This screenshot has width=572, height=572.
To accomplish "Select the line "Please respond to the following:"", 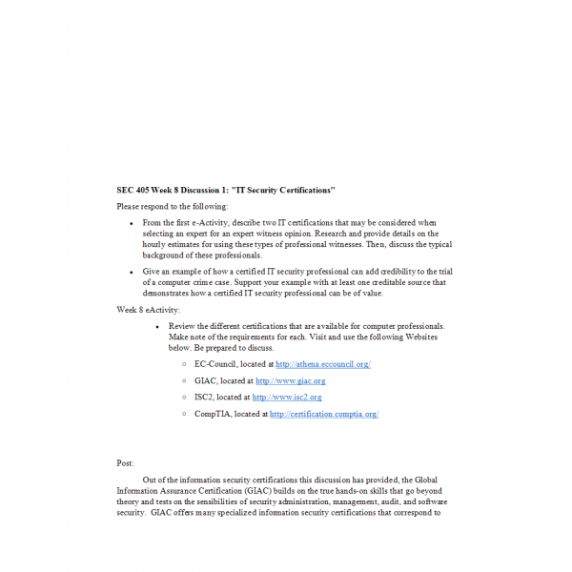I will [x=173, y=206].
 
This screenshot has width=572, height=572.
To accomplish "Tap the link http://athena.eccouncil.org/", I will [x=322, y=364].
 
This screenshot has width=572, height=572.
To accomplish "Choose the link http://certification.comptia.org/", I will [x=324, y=414].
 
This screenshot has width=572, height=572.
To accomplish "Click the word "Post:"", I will [x=126, y=462].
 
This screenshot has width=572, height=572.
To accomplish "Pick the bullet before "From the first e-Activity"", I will [x=131, y=221].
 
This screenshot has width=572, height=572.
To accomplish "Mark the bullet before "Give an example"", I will [x=131, y=271].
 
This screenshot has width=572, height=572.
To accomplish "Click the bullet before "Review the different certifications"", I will [x=157, y=326].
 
